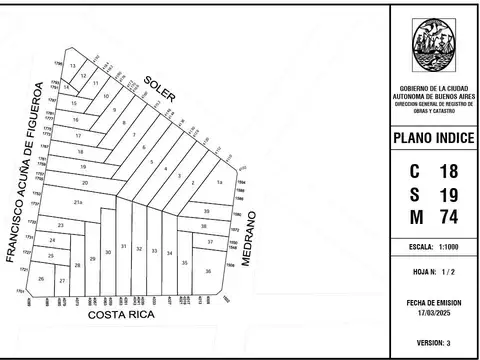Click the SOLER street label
[159, 88]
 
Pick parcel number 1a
[219, 182]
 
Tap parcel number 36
[208, 270]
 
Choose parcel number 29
[92, 259]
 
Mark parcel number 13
[73, 65]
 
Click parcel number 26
[41, 279]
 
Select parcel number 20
[86, 184]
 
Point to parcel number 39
[206, 212]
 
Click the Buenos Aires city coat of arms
[433, 45]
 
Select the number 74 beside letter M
[447, 216]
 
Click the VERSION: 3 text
[434, 343]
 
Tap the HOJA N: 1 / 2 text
[433, 272]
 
